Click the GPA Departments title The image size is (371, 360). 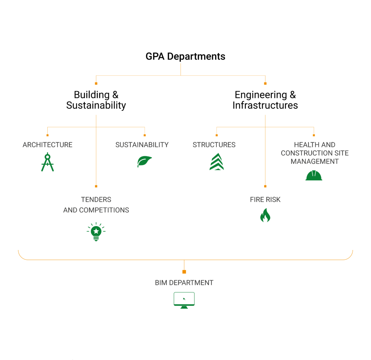coord(185,56)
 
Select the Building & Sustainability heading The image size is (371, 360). coord(96,100)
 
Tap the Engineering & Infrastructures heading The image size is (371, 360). coord(265,100)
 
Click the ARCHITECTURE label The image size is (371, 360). coord(47,145)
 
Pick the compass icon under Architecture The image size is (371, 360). coord(47,162)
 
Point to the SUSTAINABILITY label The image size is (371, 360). coord(142,145)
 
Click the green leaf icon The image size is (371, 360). coord(144,162)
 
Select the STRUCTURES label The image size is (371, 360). coord(214,145)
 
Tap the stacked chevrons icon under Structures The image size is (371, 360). coord(217,162)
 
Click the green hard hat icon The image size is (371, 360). coord(314,176)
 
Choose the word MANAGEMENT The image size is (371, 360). coord(315,162)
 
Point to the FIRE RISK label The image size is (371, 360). coord(265,200)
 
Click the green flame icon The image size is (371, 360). coord(265,215)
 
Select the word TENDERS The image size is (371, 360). coord(96,200)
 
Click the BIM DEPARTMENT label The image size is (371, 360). coord(184,283)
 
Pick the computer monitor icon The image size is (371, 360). coord(184,300)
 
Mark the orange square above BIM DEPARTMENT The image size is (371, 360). coord(184,272)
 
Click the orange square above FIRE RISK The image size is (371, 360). coord(265,186)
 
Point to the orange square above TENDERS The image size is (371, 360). coord(96,186)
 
